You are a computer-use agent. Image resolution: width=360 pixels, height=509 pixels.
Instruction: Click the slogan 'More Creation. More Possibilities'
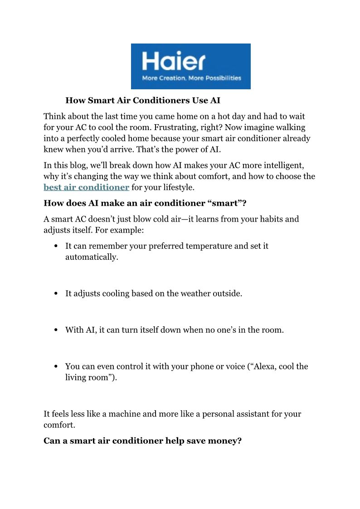click(x=191, y=78)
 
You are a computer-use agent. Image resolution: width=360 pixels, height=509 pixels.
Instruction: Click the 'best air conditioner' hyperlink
click(x=86, y=187)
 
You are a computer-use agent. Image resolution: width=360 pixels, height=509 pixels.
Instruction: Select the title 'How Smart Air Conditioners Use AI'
click(x=143, y=100)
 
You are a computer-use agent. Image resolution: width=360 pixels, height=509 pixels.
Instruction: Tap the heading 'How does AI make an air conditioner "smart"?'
click(x=145, y=203)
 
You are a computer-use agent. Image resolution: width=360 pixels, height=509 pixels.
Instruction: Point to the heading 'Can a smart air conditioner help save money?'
click(x=142, y=441)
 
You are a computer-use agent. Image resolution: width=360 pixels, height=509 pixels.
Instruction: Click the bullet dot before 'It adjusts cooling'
click(x=56, y=294)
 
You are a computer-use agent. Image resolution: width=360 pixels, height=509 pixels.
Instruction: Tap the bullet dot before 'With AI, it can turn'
click(x=56, y=330)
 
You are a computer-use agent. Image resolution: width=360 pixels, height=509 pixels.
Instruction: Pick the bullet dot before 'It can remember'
click(x=56, y=247)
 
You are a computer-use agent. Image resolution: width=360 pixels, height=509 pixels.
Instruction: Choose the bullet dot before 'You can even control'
click(x=56, y=366)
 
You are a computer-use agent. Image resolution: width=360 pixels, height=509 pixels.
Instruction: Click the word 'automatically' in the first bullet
click(x=91, y=257)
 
